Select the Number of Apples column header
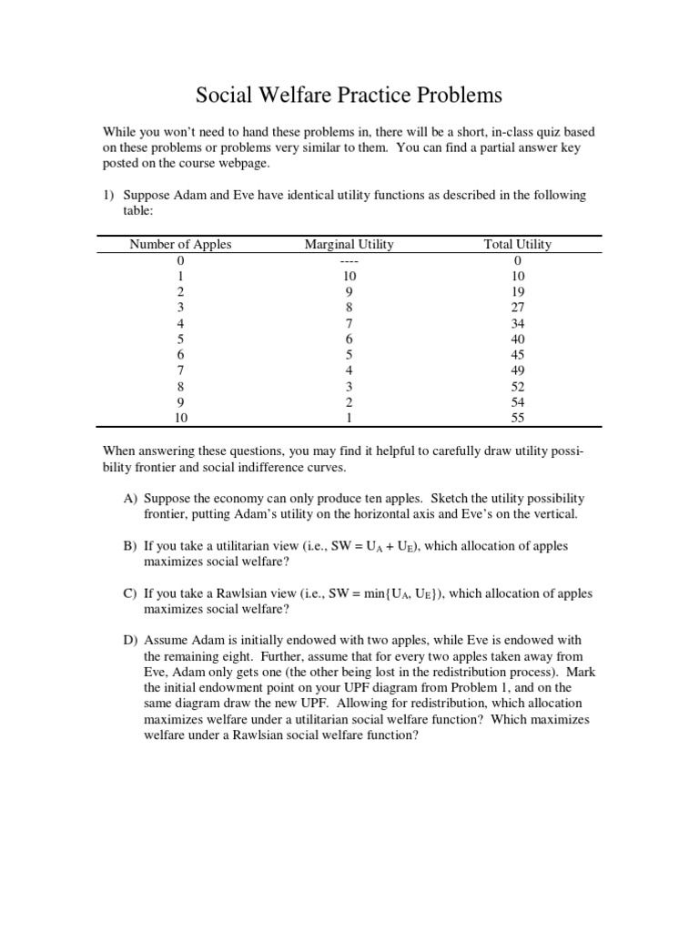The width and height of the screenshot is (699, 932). [180, 244]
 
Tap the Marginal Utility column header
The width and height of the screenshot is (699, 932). [349, 244]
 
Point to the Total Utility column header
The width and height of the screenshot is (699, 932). [518, 244]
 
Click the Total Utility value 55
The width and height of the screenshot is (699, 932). [518, 419]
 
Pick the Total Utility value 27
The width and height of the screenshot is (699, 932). [518, 308]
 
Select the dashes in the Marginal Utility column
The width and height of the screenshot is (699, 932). [349, 260]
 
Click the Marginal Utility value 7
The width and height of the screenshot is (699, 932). [349, 323]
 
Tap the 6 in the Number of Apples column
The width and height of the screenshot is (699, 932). [180, 355]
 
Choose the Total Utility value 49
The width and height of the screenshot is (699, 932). [518, 371]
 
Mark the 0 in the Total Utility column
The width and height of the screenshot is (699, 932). [518, 260]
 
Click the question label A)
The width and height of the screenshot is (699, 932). [131, 499]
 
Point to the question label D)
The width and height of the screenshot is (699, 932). [131, 641]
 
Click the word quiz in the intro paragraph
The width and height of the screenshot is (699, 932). [521, 132]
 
